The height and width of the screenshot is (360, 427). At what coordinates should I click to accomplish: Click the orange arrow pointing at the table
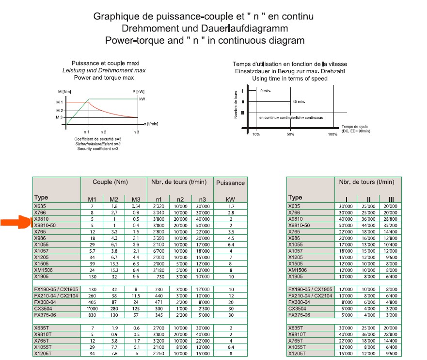tap(15, 223)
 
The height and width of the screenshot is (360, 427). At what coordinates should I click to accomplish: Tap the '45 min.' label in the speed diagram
tap(298, 101)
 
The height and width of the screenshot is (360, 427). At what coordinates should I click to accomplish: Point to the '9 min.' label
tap(265, 91)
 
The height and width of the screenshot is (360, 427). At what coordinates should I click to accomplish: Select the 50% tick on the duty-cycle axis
tap(290, 134)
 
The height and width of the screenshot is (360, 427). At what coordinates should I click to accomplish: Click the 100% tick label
tap(332, 134)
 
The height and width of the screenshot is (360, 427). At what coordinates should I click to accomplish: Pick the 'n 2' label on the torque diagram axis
tap(102, 132)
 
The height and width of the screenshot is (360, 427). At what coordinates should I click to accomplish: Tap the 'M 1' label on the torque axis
tap(60, 102)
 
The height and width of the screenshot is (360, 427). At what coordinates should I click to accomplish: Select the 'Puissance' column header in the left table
tap(230, 183)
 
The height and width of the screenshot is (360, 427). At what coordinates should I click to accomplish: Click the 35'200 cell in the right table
tap(389, 225)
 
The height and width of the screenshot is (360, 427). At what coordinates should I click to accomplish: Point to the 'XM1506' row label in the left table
tap(44, 269)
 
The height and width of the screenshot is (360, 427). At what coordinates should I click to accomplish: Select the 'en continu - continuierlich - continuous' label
tap(291, 117)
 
